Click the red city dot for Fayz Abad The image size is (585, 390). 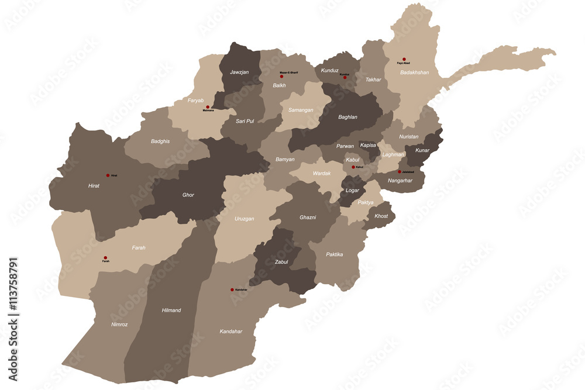point(404,59)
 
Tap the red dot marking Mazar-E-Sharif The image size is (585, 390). point(281,76)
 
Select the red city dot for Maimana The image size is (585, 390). point(208,107)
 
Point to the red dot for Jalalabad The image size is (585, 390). point(400,172)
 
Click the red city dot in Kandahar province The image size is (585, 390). point(232,289)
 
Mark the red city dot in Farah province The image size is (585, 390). point(106,257)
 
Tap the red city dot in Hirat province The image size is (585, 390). point(108,175)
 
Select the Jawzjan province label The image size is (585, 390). point(238,72)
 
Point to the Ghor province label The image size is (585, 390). point(188,195)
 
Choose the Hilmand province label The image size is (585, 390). point(171,310)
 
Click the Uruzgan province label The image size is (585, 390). point(245,219)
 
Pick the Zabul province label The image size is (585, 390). point(281,262)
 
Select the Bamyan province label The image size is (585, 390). point(285,159)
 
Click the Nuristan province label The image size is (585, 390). point(409,136)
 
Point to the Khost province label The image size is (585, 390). point(381,216)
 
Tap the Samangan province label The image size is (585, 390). point(301,110)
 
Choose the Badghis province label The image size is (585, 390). point(161,141)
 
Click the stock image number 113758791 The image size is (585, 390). point(13,318)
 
